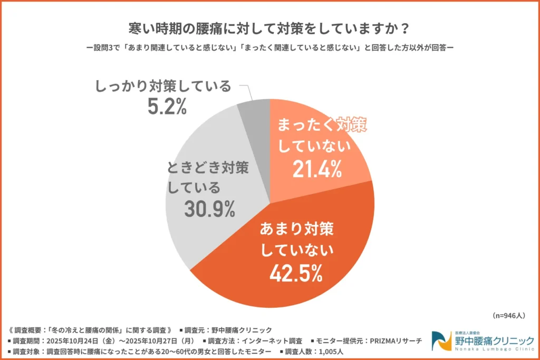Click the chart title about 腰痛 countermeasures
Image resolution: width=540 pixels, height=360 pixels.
(270, 26)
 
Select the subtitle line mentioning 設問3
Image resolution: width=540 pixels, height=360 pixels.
(270, 47)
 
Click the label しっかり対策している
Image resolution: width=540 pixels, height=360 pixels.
(163, 86)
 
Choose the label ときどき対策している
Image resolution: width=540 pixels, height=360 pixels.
(207, 177)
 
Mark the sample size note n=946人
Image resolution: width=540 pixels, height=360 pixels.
(509, 316)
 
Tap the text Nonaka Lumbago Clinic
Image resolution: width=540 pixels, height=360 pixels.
(494, 349)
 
